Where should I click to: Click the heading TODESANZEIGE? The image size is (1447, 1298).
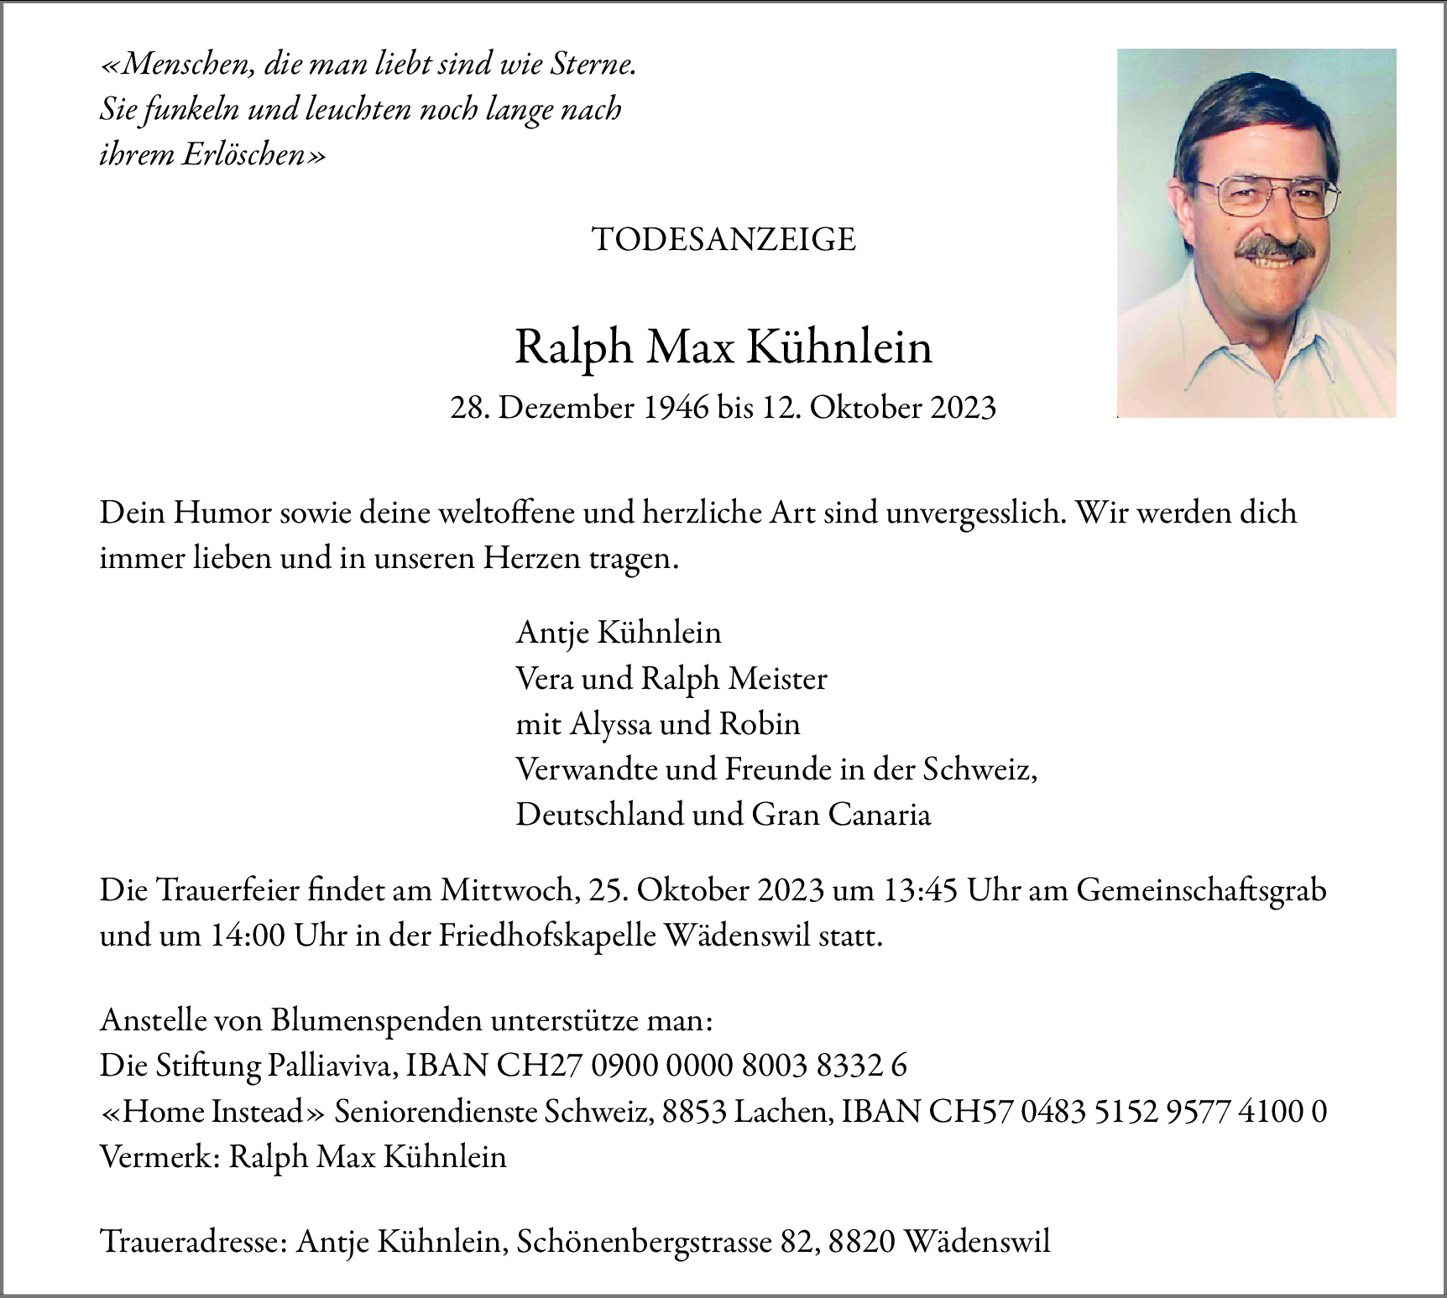(x=723, y=240)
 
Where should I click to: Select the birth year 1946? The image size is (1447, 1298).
(x=676, y=408)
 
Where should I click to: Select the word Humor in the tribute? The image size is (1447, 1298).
(x=222, y=513)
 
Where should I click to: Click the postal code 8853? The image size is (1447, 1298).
(x=693, y=1112)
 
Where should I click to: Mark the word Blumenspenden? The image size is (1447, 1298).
(x=377, y=1021)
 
